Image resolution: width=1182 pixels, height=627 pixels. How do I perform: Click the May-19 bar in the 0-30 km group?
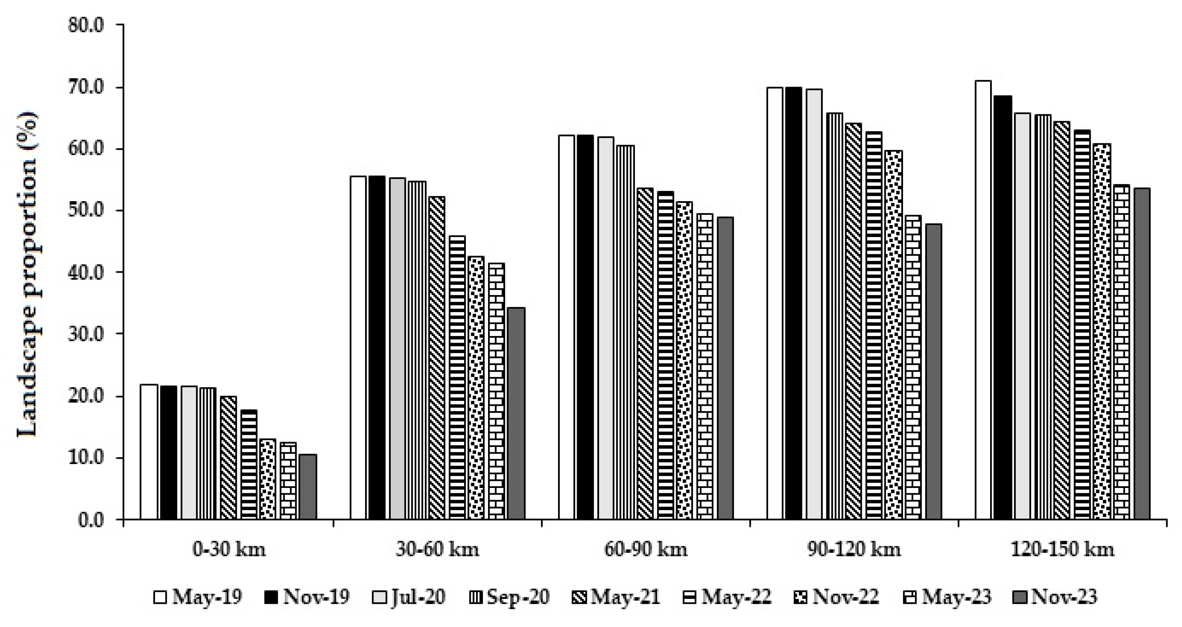pyautogui.click(x=149, y=451)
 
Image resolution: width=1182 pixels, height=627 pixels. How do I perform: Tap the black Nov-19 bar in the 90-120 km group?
pyautogui.click(x=793, y=303)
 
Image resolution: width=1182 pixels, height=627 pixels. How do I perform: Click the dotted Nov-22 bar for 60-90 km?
pyautogui.click(x=684, y=360)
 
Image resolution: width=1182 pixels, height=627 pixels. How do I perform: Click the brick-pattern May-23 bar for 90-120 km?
pyautogui.click(x=913, y=367)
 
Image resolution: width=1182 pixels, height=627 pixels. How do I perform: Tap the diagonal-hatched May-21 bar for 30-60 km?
pyautogui.click(x=436, y=357)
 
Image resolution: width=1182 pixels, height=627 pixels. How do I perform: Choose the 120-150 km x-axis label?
pyautogui.click(x=1063, y=549)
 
